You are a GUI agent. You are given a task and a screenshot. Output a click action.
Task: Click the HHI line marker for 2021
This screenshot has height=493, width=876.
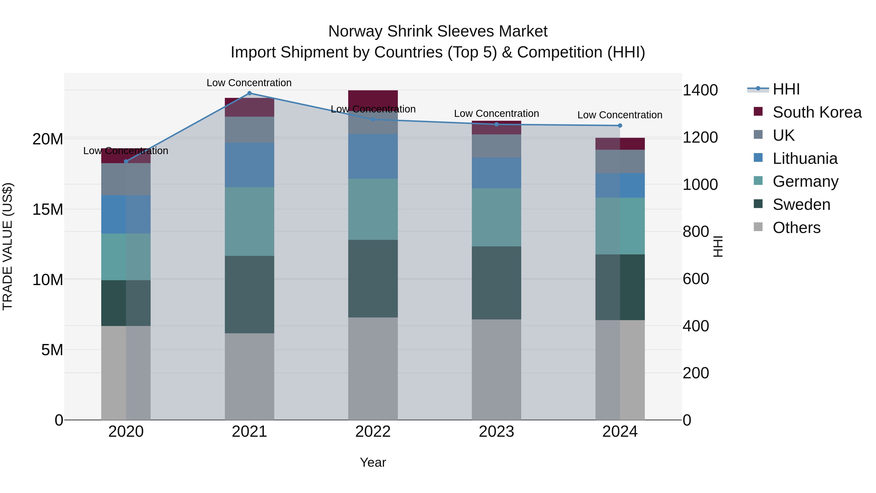point(249,93)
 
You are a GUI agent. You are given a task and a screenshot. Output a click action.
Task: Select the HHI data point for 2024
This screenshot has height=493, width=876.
point(620,126)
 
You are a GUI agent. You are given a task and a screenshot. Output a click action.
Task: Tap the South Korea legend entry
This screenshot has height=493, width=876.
point(817,112)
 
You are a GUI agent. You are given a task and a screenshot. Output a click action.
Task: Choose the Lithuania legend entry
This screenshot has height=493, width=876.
point(805,158)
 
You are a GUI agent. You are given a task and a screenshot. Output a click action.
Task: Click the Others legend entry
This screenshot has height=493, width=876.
point(796,228)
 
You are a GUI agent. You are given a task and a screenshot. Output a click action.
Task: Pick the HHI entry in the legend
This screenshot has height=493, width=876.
point(786,89)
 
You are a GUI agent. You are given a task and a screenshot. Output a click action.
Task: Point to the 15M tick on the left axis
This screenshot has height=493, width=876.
point(48,210)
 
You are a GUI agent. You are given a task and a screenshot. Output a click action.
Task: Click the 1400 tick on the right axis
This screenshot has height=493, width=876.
point(700,91)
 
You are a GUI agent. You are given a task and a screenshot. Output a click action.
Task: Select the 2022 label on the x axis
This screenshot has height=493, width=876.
point(373,432)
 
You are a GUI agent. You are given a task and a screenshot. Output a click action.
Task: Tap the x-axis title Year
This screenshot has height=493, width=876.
point(373,462)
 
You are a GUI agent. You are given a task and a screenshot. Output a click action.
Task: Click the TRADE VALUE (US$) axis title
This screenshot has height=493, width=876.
point(8,246)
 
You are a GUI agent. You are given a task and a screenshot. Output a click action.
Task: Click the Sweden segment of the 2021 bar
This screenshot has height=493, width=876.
point(249,294)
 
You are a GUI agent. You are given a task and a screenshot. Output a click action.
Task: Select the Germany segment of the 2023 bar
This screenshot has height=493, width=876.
point(496,217)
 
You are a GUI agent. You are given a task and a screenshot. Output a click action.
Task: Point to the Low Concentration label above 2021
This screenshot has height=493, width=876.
point(249,83)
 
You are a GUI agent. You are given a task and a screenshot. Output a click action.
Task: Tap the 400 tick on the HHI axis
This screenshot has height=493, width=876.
point(695,326)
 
